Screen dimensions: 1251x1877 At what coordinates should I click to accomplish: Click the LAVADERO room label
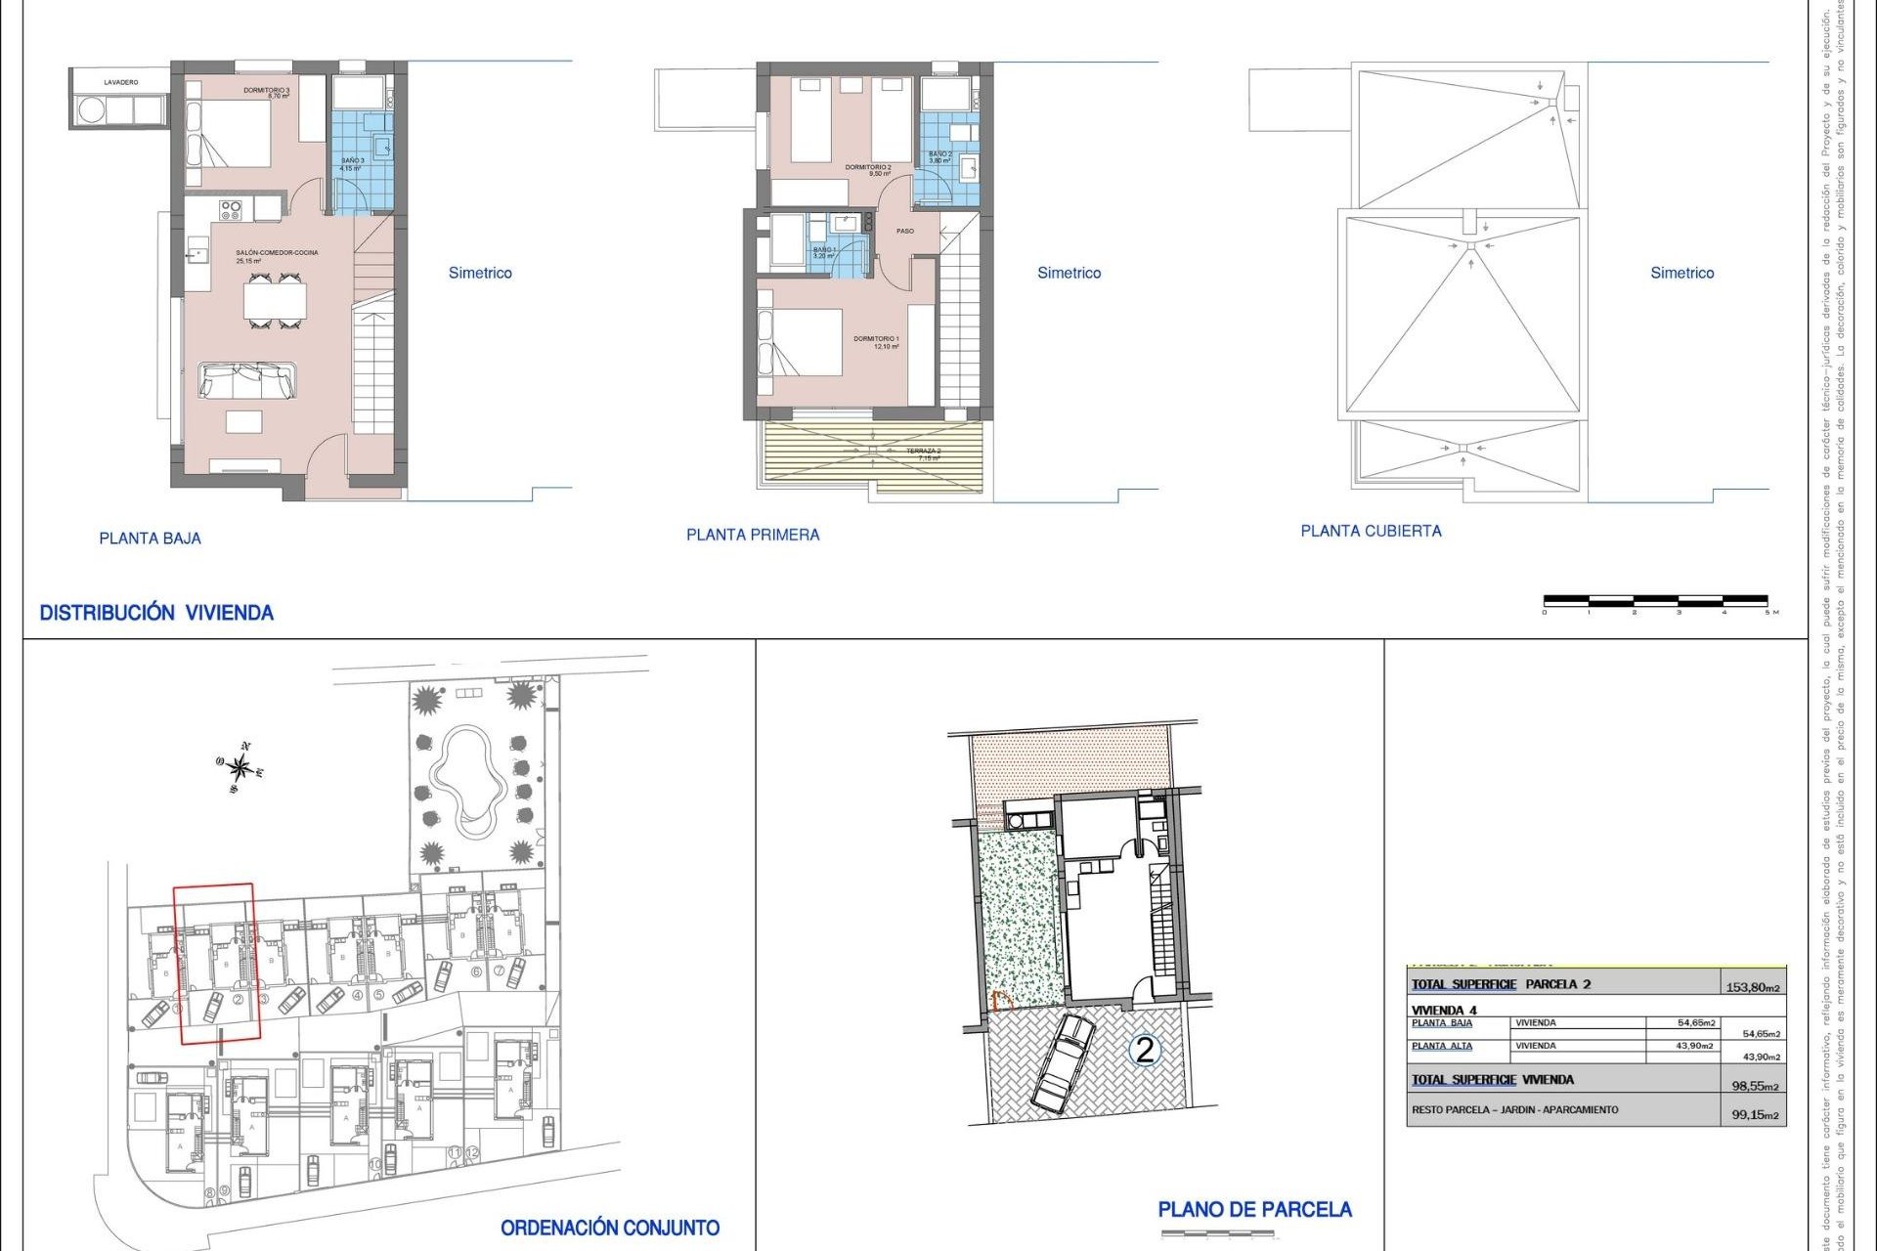point(121,82)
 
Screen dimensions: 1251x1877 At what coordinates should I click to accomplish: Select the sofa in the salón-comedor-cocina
point(247,380)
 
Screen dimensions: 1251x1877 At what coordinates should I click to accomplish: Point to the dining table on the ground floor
point(275,300)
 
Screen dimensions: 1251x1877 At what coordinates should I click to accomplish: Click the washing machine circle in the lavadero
point(91,110)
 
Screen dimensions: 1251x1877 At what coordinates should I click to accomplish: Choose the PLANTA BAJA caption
point(150,539)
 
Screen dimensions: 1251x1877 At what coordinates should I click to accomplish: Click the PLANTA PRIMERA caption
point(753,535)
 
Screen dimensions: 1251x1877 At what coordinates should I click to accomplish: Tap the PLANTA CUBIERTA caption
point(1371,531)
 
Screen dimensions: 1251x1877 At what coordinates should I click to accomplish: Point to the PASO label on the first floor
point(905,232)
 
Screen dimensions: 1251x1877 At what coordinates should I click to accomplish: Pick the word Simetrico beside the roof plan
point(1681,273)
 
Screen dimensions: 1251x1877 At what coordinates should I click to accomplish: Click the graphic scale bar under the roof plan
point(1655,600)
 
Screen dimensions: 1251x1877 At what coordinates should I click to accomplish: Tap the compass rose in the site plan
point(240,768)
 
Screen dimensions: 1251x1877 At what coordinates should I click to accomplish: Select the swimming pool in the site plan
point(467,777)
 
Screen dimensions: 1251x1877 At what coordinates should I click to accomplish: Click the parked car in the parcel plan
point(1063,1063)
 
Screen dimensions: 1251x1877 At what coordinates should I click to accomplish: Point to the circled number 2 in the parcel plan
point(1144,1051)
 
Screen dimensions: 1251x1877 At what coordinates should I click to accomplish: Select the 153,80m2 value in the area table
point(1752,987)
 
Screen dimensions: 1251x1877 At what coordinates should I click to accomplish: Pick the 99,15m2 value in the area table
point(1755,1114)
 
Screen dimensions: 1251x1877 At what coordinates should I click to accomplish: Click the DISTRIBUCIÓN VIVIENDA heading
point(156,613)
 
